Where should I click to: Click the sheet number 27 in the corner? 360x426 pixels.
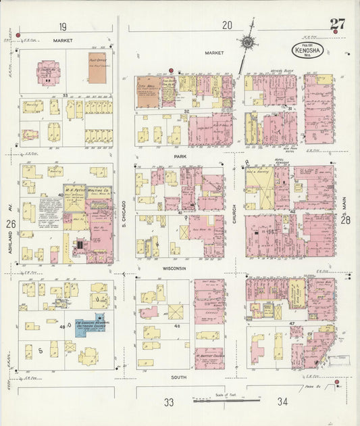337,24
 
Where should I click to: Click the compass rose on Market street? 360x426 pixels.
248,42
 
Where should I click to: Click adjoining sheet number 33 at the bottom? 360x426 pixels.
168,402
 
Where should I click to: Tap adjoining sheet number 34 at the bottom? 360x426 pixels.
282,402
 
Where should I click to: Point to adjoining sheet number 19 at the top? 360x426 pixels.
62,26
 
